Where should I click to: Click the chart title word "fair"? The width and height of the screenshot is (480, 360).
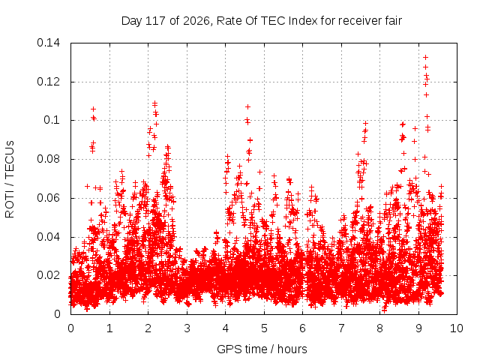(391, 21)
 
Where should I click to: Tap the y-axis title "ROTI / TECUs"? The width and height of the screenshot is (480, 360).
(10, 179)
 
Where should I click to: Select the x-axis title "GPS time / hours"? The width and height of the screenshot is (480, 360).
(262, 349)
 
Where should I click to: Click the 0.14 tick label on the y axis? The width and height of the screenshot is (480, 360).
(48, 43)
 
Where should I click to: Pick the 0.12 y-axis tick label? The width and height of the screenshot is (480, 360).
(48, 82)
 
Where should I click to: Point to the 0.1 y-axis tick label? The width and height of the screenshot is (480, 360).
(52, 120)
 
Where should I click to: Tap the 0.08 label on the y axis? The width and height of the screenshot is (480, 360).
(48, 159)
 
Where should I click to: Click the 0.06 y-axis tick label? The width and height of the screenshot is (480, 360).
(48, 198)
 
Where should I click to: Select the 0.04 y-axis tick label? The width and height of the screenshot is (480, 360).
(48, 237)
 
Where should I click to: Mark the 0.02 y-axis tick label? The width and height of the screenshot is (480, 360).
(48, 275)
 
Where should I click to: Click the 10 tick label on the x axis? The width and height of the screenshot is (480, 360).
(456, 328)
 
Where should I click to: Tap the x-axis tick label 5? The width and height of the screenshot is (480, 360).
(264, 328)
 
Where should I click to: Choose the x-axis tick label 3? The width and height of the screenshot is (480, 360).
(187, 328)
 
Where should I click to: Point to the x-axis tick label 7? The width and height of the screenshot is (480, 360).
(341, 328)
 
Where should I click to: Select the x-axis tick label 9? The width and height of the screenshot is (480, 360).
(418, 328)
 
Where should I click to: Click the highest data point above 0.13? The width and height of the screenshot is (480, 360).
(425, 57)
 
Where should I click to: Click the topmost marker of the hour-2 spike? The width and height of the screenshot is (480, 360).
(155, 103)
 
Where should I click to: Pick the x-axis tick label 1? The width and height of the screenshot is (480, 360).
(109, 328)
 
